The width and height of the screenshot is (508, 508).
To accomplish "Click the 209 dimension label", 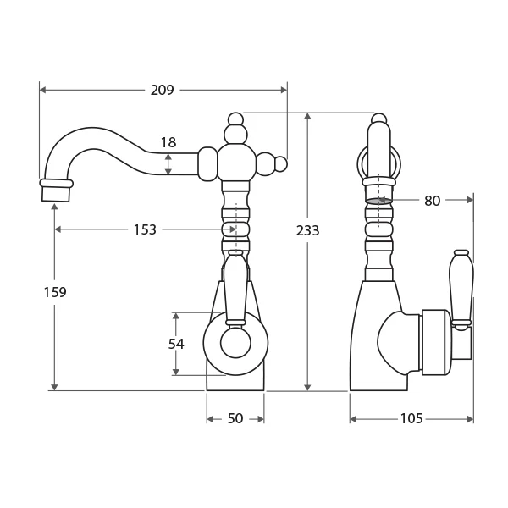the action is [162, 90].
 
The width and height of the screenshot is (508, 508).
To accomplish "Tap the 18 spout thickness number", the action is [168, 142].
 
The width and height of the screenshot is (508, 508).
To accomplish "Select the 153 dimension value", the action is [145, 229].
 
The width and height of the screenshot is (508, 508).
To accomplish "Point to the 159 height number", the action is [55, 292].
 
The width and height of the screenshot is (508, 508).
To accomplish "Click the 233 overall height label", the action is [307, 230].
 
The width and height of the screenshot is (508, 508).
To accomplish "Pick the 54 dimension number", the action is [176, 344].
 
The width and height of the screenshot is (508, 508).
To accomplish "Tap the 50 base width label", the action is [235, 418].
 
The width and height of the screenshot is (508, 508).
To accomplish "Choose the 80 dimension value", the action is [432, 201].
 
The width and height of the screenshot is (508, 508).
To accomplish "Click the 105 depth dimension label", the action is [411, 418].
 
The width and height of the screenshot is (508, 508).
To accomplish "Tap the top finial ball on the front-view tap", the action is [235, 119].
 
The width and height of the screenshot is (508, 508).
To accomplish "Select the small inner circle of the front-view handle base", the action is [235, 343].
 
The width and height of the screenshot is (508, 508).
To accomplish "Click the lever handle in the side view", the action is [461, 290].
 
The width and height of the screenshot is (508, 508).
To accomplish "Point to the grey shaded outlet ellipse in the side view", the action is [378, 201].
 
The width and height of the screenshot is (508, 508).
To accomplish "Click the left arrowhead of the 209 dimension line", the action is [43, 90].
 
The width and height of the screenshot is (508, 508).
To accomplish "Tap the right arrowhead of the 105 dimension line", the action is [470, 420].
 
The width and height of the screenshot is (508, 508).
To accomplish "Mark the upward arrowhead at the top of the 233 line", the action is [308, 116].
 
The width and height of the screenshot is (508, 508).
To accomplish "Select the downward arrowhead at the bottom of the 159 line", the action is [54, 387].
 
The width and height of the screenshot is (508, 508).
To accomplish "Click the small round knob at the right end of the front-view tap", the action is [281, 164].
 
